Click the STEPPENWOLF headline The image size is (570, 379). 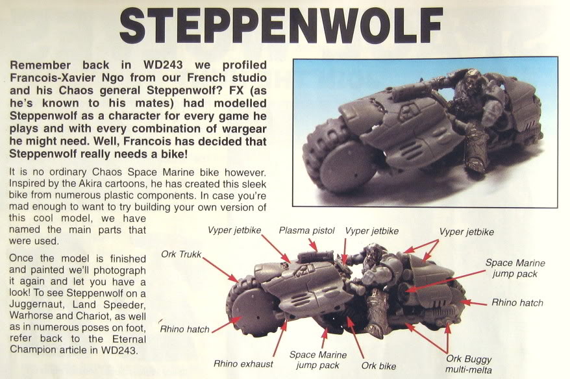[281, 25]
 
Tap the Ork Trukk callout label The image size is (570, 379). [181, 254]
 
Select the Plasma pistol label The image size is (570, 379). [306, 230]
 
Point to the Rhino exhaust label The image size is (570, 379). [243, 363]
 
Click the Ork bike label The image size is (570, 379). [378, 365]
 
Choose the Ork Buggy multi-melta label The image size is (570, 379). [468, 364]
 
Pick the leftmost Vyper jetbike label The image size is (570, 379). [234, 230]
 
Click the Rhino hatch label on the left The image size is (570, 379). [184, 329]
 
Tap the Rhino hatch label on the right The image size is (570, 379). [517, 302]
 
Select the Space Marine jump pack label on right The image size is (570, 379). [515, 268]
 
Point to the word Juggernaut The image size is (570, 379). [34, 304]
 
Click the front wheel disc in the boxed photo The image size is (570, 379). [347, 166]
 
